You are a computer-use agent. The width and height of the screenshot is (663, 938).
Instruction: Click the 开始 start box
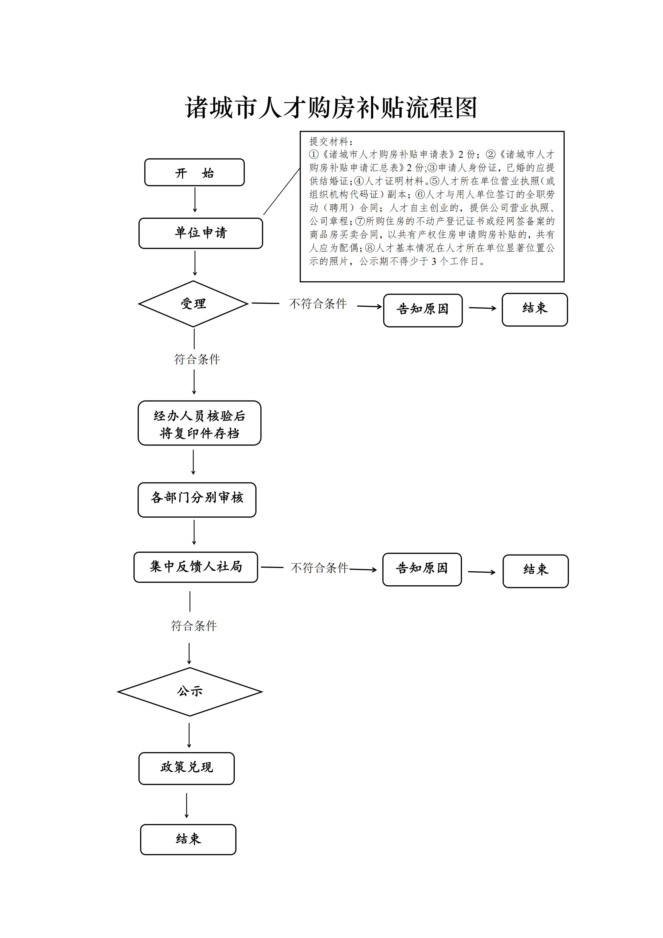(194, 172)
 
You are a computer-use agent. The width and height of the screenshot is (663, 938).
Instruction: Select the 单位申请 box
(201, 233)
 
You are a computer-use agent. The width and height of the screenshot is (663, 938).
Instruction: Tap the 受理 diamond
(194, 303)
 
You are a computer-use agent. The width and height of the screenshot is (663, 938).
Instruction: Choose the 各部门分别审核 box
(197, 500)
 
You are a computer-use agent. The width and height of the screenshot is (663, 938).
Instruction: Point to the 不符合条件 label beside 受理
(318, 303)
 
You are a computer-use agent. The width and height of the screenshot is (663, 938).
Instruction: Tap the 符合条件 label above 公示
(194, 625)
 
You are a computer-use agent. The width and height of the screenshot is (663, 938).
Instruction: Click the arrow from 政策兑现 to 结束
(187, 805)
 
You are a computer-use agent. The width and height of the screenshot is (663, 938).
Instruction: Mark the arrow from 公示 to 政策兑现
(189, 735)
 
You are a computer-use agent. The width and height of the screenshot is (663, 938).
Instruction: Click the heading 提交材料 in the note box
(330, 142)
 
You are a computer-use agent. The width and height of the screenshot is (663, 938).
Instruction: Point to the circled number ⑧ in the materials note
(370, 248)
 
